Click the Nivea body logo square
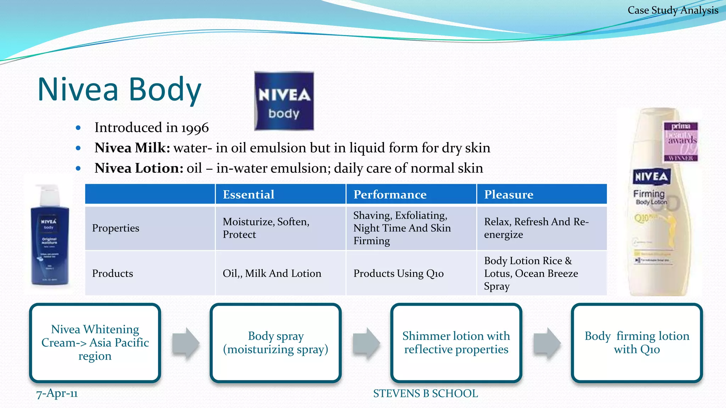tap(284, 101)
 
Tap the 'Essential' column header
tap(248, 194)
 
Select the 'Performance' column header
tap(390, 194)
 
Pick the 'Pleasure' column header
tap(509, 194)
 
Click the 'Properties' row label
tap(116, 228)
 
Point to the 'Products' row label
tap(112, 273)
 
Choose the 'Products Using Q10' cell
tap(398, 273)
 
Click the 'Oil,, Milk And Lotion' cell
tap(272, 273)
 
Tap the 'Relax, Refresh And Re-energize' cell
tap(536, 228)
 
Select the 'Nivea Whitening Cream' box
tap(95, 342)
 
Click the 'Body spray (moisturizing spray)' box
tap(275, 342)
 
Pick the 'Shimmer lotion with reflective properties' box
tap(456, 342)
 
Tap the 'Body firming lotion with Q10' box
tap(637, 342)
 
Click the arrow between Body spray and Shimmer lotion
tap(366, 342)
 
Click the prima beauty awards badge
tap(681, 142)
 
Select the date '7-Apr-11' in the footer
tap(57, 393)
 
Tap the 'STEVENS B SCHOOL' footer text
tap(425, 393)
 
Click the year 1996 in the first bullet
tap(195, 128)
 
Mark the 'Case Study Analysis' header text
tap(673, 10)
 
